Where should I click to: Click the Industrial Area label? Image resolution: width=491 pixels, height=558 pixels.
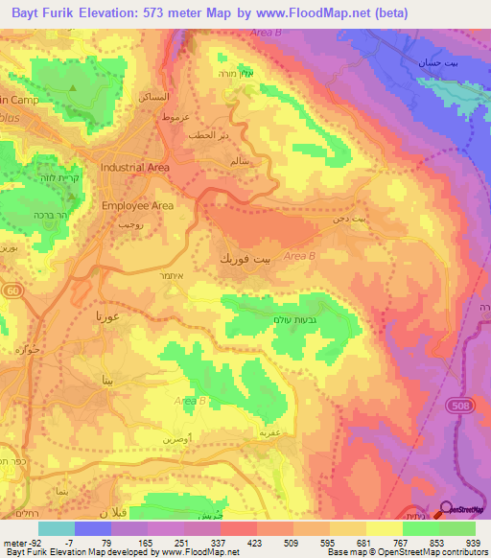tap(135, 168)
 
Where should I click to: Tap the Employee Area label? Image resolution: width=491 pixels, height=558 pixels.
tap(137, 205)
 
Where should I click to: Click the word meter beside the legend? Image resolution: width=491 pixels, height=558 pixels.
tap(15, 542)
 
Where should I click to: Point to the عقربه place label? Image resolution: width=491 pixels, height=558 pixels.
tap(268, 432)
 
